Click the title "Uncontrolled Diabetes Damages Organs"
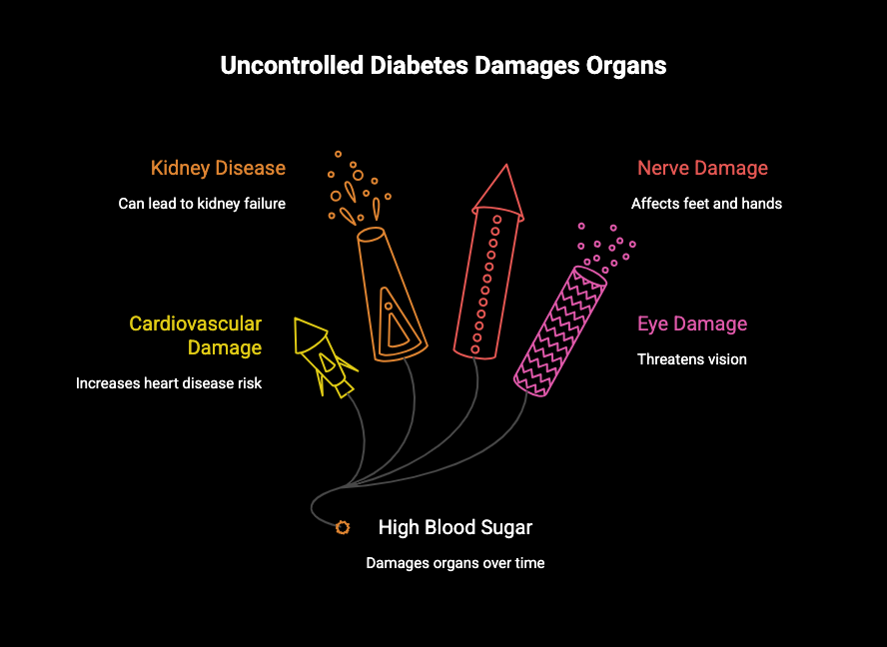[x=443, y=67]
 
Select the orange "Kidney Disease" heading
[x=218, y=168]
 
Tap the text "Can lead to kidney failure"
[x=202, y=204]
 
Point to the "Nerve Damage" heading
[x=702, y=168]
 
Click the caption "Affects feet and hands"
[x=706, y=204]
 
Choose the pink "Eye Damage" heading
[x=692, y=323]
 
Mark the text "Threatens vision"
[x=691, y=359]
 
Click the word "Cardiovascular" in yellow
[x=196, y=323]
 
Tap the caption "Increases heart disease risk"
[x=169, y=383]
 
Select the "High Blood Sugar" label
[x=455, y=527]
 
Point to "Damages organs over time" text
[x=455, y=563]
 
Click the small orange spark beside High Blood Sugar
[x=343, y=527]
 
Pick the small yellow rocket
[x=322, y=355]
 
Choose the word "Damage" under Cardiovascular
[x=225, y=347]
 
